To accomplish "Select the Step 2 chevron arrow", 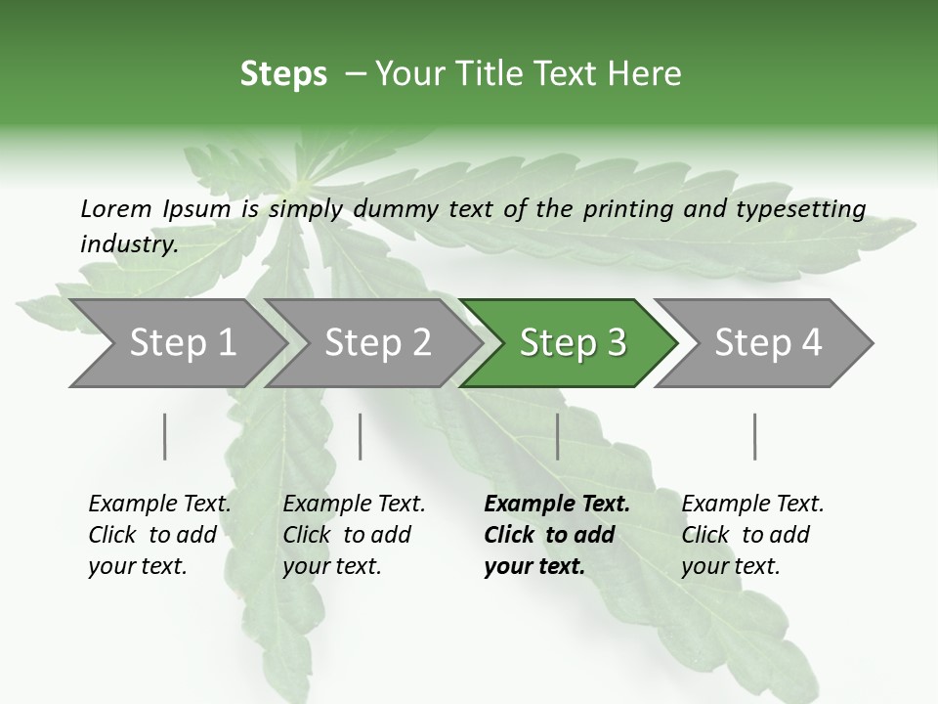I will tap(376, 343).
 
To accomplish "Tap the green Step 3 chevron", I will tap(571, 343).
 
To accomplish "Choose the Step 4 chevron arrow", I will tap(767, 343).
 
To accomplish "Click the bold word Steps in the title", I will tap(283, 74).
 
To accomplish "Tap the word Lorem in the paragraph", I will tap(116, 209).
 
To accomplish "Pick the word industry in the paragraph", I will tap(128, 244).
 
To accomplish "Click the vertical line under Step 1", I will tap(165, 436).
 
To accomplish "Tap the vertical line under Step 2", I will tap(361, 436).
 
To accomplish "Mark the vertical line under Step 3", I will tap(558, 436).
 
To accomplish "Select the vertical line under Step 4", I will tap(755, 436).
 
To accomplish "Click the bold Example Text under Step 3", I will tap(557, 505).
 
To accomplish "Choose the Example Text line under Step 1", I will tap(159, 505).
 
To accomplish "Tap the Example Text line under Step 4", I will tap(752, 505).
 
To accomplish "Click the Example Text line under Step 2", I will tap(354, 505).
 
